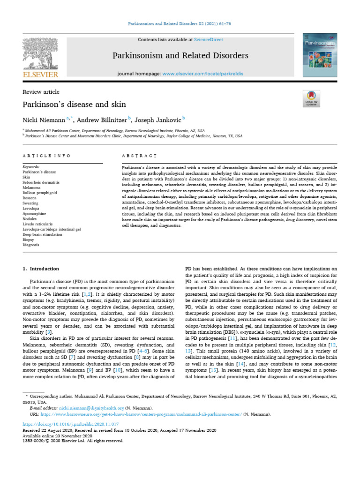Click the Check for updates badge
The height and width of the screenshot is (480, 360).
(311, 98)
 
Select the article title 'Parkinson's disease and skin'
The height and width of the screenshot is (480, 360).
(74, 104)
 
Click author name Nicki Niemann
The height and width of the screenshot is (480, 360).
(44, 120)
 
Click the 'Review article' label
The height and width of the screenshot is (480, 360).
(41, 92)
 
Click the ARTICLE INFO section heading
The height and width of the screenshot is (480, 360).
(47, 155)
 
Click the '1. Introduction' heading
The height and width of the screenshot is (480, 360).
(41, 269)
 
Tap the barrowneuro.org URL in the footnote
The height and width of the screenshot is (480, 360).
(141, 414)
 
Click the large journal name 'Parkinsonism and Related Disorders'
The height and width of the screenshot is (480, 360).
(180, 56)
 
